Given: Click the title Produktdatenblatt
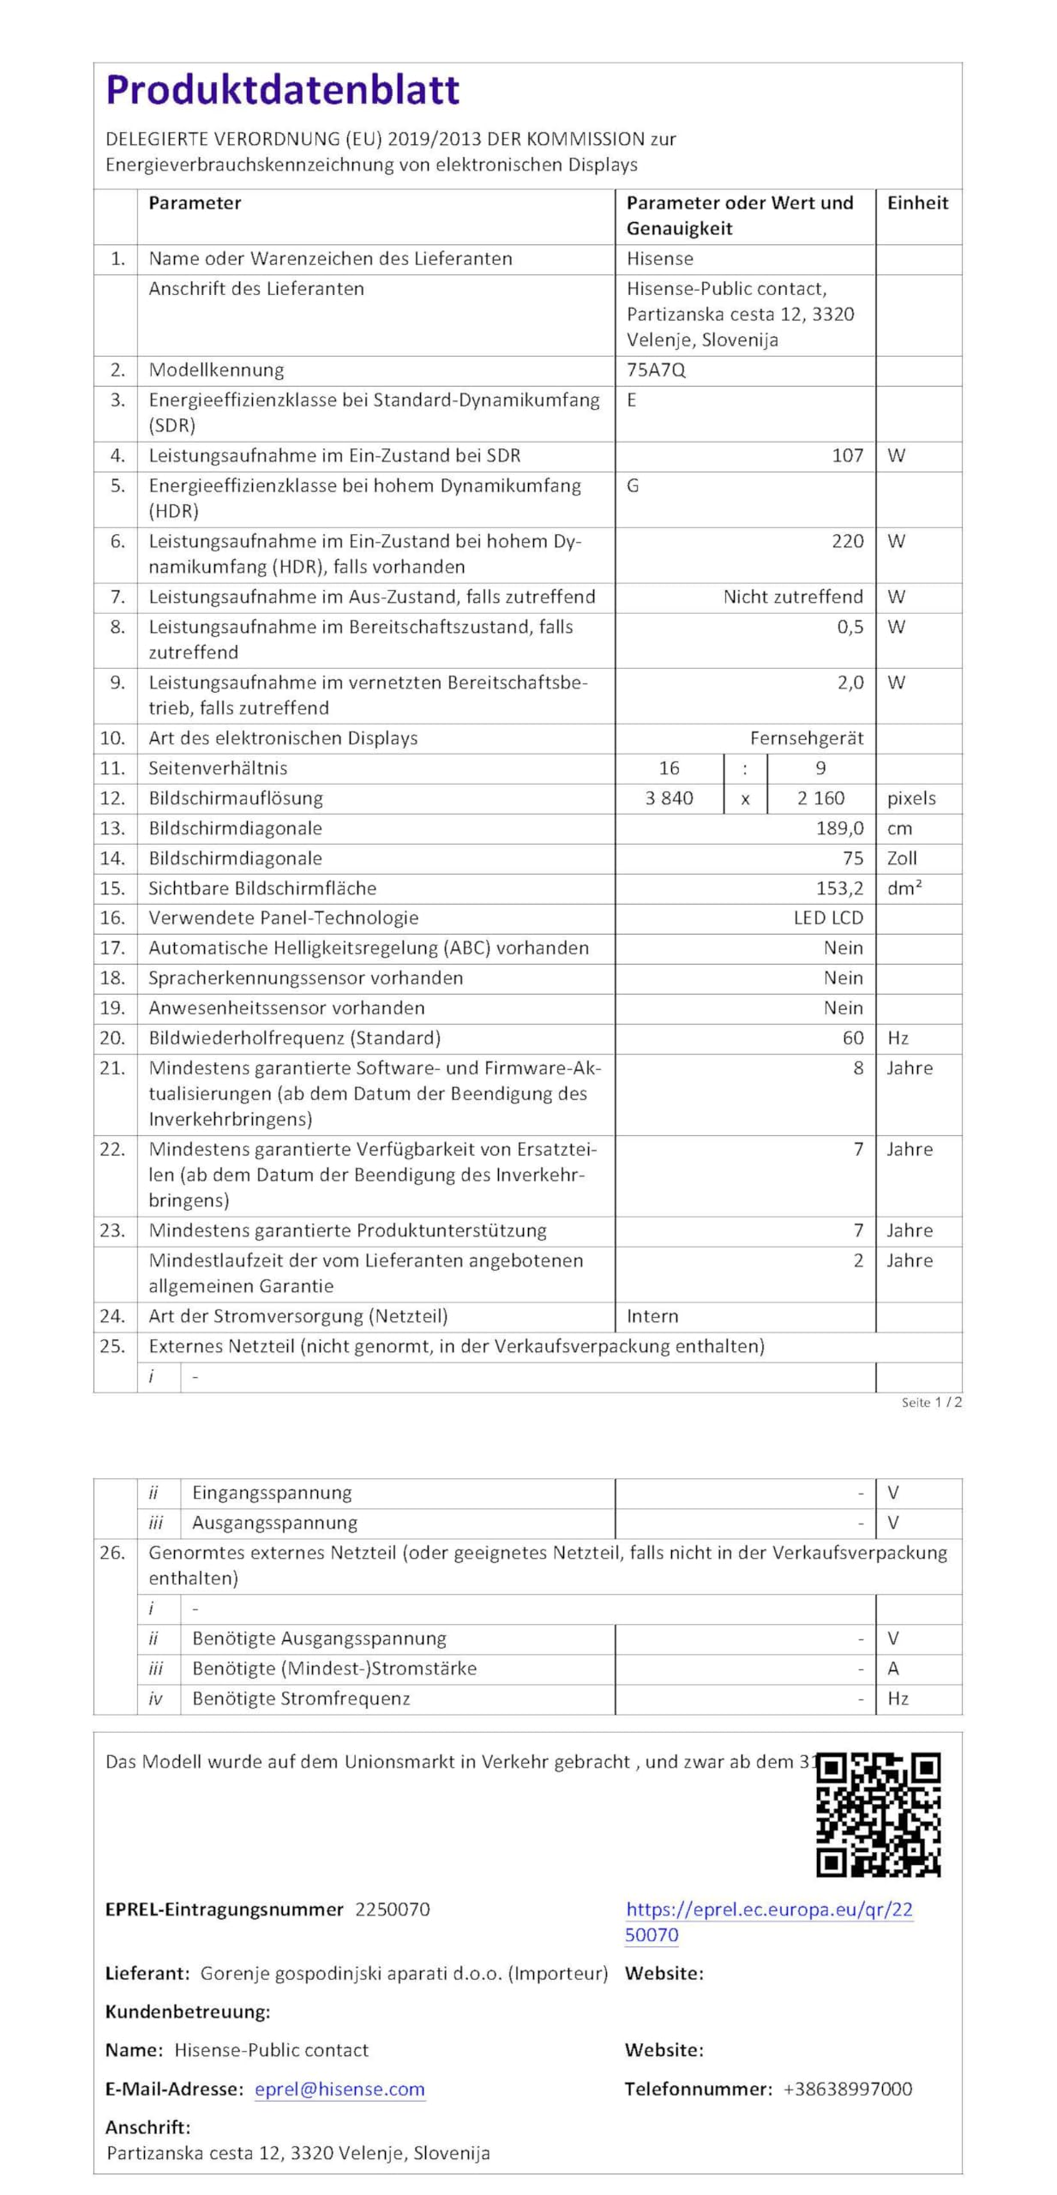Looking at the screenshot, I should (x=282, y=90).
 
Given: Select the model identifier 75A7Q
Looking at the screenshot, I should (x=656, y=370).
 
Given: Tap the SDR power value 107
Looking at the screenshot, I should (x=847, y=456).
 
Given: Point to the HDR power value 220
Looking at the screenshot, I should (x=847, y=542).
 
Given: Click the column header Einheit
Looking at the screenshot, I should (x=917, y=203).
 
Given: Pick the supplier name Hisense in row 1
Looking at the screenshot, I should (x=659, y=259).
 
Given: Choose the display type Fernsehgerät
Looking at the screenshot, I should (x=806, y=738).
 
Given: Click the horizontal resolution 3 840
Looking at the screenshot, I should (x=669, y=798).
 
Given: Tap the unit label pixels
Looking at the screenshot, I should (x=911, y=798).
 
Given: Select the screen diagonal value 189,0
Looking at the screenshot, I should (x=839, y=828).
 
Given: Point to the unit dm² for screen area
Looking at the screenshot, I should (x=904, y=888).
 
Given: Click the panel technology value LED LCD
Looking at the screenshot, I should (x=827, y=918).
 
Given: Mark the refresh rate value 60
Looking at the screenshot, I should (x=852, y=1038).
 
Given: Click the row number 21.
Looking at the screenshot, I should (x=112, y=1068).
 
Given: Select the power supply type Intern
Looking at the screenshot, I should (x=652, y=1316).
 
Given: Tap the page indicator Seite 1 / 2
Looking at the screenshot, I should (x=931, y=1403).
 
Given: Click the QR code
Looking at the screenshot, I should (x=878, y=1814).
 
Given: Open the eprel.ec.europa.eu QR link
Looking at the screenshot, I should (x=768, y=1921).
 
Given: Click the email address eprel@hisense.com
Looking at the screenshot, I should (x=339, y=2089).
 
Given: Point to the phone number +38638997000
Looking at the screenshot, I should (x=847, y=2089).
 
